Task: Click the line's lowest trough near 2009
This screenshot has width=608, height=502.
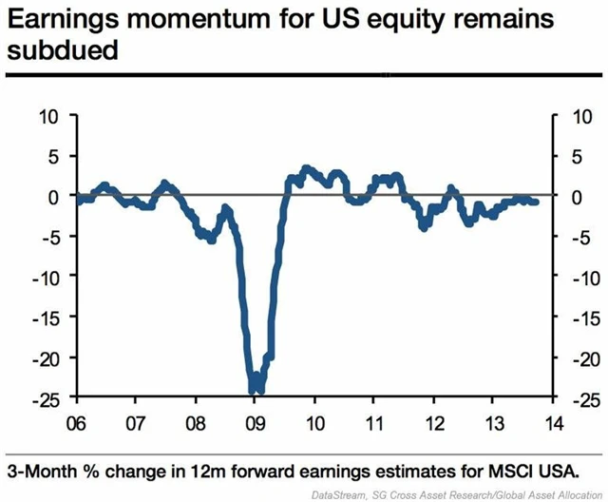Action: coord(255,390)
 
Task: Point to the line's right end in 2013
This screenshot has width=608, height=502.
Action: coord(536,202)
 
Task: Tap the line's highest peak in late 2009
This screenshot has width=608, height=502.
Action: coord(305,168)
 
